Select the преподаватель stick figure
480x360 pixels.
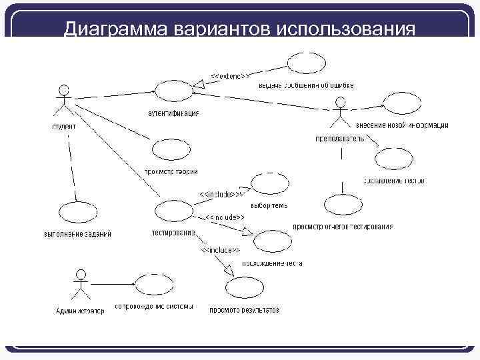340,114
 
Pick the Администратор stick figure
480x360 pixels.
81,285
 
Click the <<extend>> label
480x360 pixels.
230,75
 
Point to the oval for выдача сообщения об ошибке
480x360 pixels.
307,63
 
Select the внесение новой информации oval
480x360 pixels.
403,104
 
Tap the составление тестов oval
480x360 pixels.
395,159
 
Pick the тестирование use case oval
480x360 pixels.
173,212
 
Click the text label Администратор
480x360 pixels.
80,311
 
